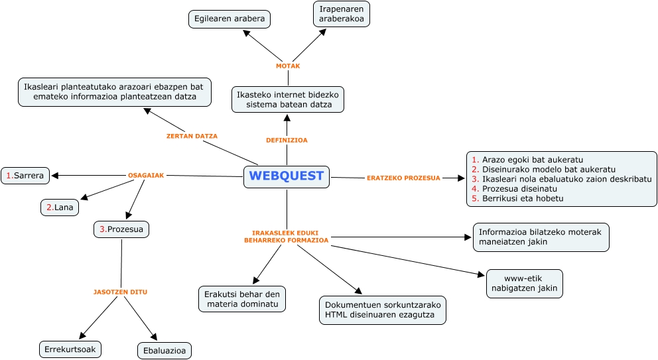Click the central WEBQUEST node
pos(287,176)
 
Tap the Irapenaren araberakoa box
pos(341,14)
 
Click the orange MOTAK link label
pos(288,66)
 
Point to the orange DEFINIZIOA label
pos(287,141)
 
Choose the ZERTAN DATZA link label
pos(192,136)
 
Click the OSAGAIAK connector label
pos(146,176)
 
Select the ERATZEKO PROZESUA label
pos(403,178)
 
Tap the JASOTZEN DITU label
pos(121,292)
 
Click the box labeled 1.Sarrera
pos(25,176)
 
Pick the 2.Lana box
pos(60,208)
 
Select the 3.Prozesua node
pos(121,229)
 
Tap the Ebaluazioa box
pos(164,350)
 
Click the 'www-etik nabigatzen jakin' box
pos(524,283)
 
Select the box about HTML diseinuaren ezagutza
pos(382,310)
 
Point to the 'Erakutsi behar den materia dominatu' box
pos(242,299)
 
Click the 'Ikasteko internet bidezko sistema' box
pos(287,99)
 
